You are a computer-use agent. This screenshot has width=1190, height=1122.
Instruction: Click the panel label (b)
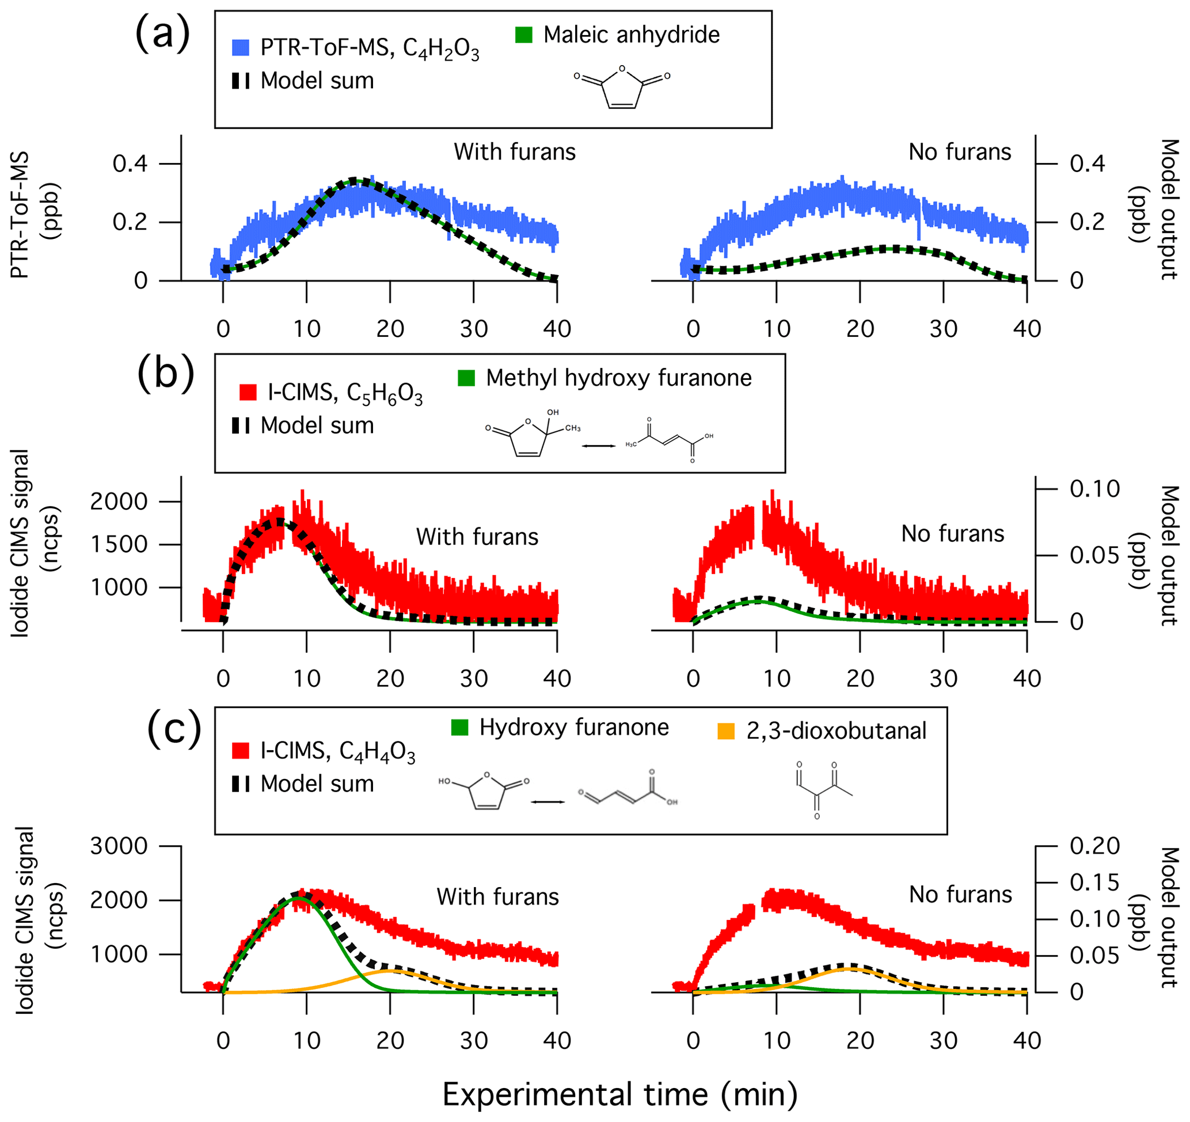pyautogui.click(x=165, y=374)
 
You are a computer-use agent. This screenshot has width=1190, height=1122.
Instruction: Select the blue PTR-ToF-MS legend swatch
pyautogui.click(x=241, y=48)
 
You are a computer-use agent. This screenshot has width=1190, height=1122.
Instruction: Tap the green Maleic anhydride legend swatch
pyautogui.click(x=524, y=35)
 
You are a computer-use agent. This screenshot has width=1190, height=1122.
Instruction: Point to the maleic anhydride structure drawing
pyautogui.click(x=622, y=87)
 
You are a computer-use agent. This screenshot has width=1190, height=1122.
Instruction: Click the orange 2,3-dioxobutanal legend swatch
pyautogui.click(x=726, y=731)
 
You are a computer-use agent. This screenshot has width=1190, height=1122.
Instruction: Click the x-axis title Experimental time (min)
pyautogui.click(x=619, y=1094)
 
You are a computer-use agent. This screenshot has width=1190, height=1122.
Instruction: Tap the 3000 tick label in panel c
pyautogui.click(x=119, y=846)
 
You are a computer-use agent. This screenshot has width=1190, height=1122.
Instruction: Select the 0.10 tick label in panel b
pyautogui.click(x=1095, y=489)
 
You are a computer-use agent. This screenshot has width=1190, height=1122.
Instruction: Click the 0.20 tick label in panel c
pyautogui.click(x=1095, y=846)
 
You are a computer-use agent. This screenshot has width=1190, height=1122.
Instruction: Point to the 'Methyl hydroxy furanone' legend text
pyautogui.click(x=618, y=378)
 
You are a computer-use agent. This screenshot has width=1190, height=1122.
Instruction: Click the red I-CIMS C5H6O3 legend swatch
pyautogui.click(x=248, y=393)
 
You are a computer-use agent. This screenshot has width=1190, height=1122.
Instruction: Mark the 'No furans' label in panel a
pyautogui.click(x=960, y=152)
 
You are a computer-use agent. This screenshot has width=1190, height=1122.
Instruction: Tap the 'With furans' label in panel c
pyautogui.click(x=497, y=897)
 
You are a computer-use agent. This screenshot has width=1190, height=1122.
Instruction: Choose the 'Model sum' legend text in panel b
pyautogui.click(x=317, y=425)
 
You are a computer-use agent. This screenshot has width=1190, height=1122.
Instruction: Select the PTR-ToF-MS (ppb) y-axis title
pyautogui.click(x=36, y=214)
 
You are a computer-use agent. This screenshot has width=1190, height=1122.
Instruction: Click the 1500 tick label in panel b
pyautogui.click(x=119, y=545)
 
